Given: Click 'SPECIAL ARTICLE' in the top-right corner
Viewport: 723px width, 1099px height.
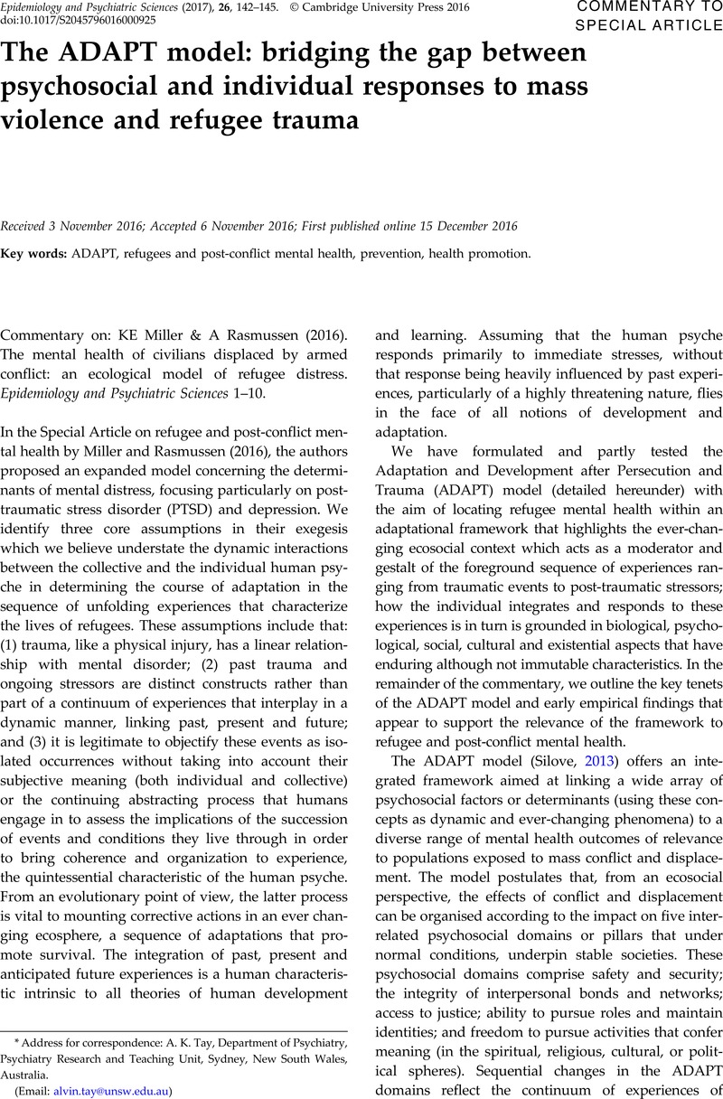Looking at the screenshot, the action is point(648,24).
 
